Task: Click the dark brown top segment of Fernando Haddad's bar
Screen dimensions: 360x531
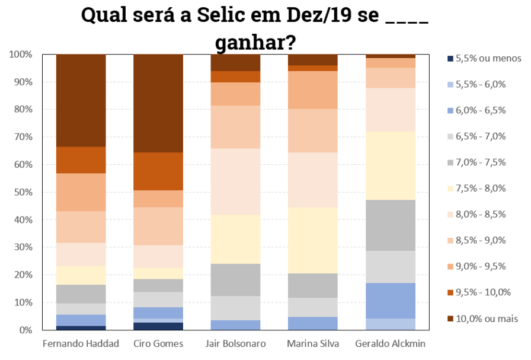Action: [81, 100]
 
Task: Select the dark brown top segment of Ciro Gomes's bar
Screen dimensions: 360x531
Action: [158, 103]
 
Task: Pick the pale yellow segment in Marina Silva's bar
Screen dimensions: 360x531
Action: [312, 240]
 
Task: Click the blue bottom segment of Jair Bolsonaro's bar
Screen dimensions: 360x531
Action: [236, 325]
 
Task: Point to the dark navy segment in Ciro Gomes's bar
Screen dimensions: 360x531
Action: [158, 326]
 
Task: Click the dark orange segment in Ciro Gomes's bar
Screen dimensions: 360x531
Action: [158, 171]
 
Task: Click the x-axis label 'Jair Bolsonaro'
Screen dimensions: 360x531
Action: [236, 344]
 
